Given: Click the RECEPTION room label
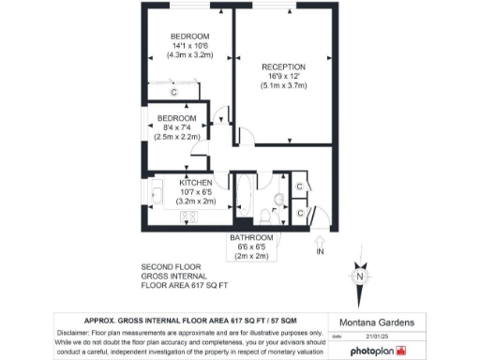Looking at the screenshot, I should click(283, 67).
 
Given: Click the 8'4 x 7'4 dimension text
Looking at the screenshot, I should click(175, 127).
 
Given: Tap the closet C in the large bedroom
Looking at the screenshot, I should click(173, 92).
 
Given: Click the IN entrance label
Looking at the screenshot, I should click(320, 252).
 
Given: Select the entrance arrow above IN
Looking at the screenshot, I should click(320, 239).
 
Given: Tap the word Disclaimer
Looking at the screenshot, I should click(77, 333).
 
